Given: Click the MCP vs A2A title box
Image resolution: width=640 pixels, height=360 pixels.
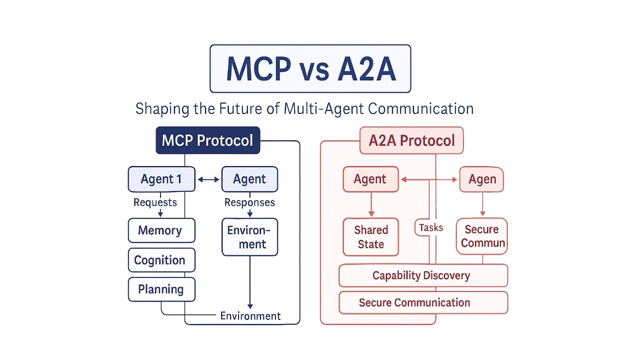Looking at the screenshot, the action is [x=310, y=68].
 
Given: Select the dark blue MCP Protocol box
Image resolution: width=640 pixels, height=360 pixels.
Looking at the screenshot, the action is [x=207, y=140].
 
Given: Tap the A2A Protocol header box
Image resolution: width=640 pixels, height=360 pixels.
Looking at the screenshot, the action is [x=411, y=140].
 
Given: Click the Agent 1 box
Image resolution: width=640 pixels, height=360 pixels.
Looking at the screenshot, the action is [x=161, y=179].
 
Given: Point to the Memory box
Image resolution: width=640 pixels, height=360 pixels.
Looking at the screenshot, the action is [x=161, y=230].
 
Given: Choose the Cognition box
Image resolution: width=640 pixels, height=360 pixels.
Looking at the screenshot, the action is [x=161, y=260].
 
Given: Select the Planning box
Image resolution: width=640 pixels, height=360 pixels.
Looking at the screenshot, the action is [x=161, y=289].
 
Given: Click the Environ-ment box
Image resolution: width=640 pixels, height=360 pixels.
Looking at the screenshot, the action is [x=249, y=237].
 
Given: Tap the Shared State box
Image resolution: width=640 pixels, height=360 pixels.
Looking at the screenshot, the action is [x=371, y=237].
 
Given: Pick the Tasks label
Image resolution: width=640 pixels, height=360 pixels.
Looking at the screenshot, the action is [x=431, y=227].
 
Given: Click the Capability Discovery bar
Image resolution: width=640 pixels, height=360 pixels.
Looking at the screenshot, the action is [x=423, y=275].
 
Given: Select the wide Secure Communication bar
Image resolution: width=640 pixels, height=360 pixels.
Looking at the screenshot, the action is [x=423, y=302].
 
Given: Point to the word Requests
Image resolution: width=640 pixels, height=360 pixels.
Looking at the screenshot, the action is [x=155, y=202].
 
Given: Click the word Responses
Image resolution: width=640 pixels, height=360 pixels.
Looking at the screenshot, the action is [x=249, y=202].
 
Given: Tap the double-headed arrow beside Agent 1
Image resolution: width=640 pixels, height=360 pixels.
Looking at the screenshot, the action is [x=208, y=179].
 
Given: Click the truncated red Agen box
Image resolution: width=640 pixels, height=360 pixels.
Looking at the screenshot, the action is [x=481, y=179].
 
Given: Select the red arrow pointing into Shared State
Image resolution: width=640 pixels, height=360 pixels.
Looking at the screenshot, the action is [x=371, y=204].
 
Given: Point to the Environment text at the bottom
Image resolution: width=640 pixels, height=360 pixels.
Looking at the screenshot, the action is [x=250, y=316].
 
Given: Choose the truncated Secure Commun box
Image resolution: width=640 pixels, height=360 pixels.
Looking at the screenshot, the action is [x=481, y=236].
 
